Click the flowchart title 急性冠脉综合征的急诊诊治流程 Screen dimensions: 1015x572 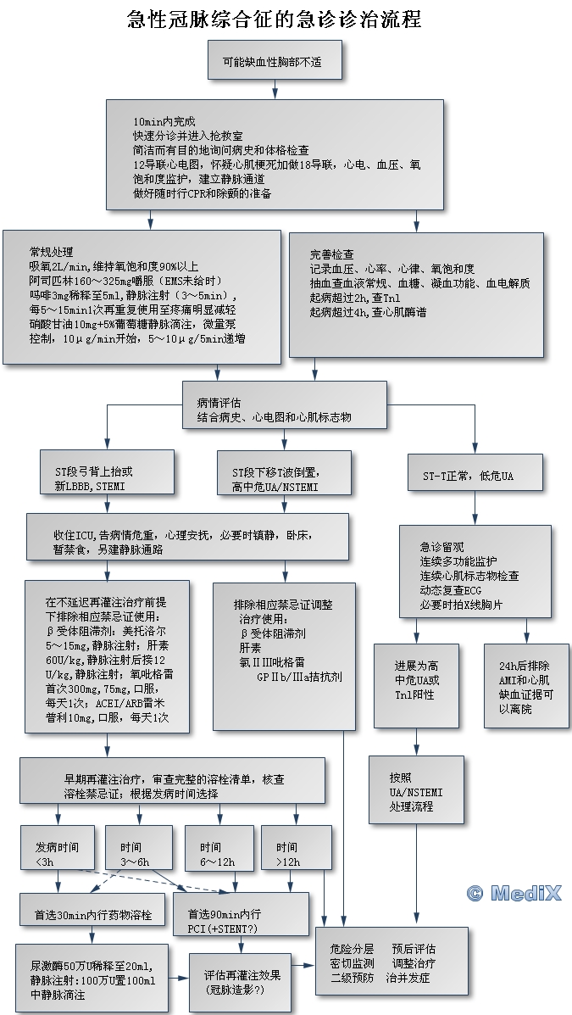[274, 19]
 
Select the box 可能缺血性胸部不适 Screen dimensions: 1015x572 [272, 62]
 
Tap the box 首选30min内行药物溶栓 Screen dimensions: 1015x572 [93, 915]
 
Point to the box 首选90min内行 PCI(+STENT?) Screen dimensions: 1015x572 [241, 915]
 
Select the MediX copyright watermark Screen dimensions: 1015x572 [513, 893]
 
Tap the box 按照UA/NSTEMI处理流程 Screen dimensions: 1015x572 [416, 790]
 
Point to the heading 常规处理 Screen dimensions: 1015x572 [51, 252]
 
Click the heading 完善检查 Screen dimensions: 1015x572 [331, 254]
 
